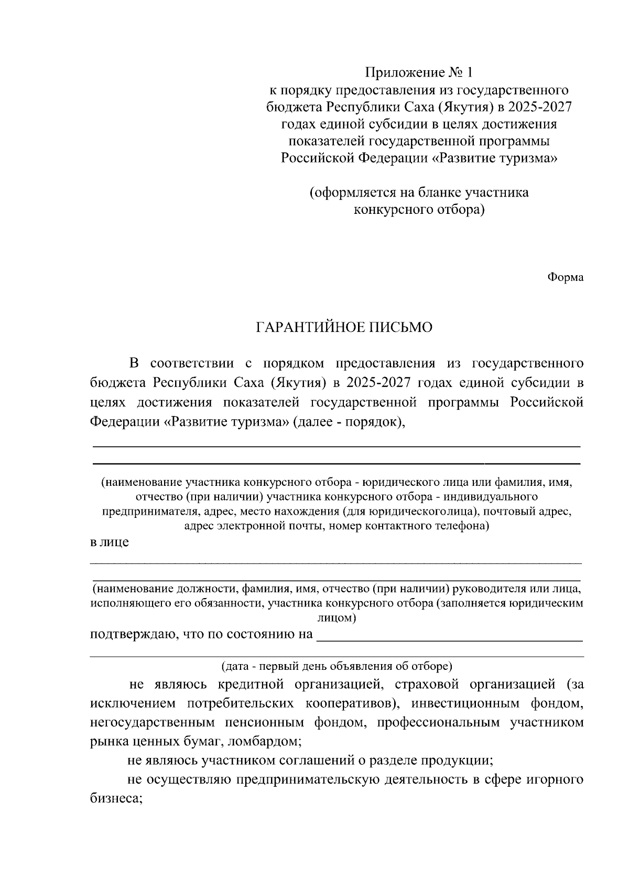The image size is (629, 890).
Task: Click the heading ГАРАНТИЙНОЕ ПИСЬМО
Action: [x=344, y=328]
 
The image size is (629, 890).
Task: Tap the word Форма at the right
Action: [x=565, y=277]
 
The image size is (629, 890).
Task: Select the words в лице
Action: [x=110, y=542]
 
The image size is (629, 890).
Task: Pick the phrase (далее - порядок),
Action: [x=350, y=421]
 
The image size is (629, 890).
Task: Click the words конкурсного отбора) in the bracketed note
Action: [x=419, y=210]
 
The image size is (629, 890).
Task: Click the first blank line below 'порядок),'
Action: [x=336, y=446]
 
